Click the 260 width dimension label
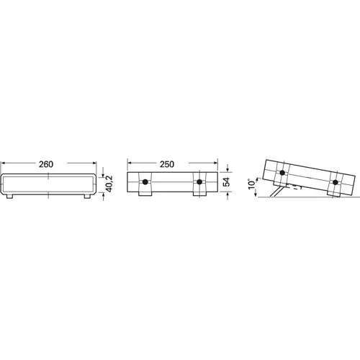tap(46, 164)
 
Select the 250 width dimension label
tap(167, 164)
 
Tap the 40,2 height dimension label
tap(109, 184)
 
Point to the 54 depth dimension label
tap(226, 181)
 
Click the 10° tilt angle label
tap(252, 184)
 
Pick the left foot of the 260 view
tap(9, 197)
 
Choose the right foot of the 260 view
tap(87, 197)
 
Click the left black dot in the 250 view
tap(145, 182)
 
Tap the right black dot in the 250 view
tap(199, 182)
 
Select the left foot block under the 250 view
tap(145, 194)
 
